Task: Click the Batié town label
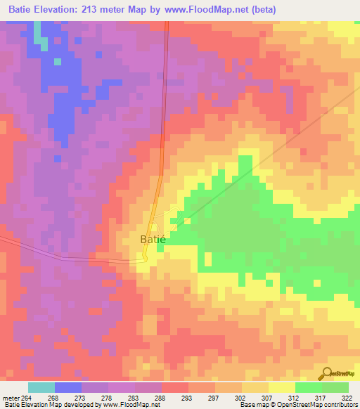point(153,240)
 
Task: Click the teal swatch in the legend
point(41,388)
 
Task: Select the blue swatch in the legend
point(68,388)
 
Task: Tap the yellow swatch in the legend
point(281,388)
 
